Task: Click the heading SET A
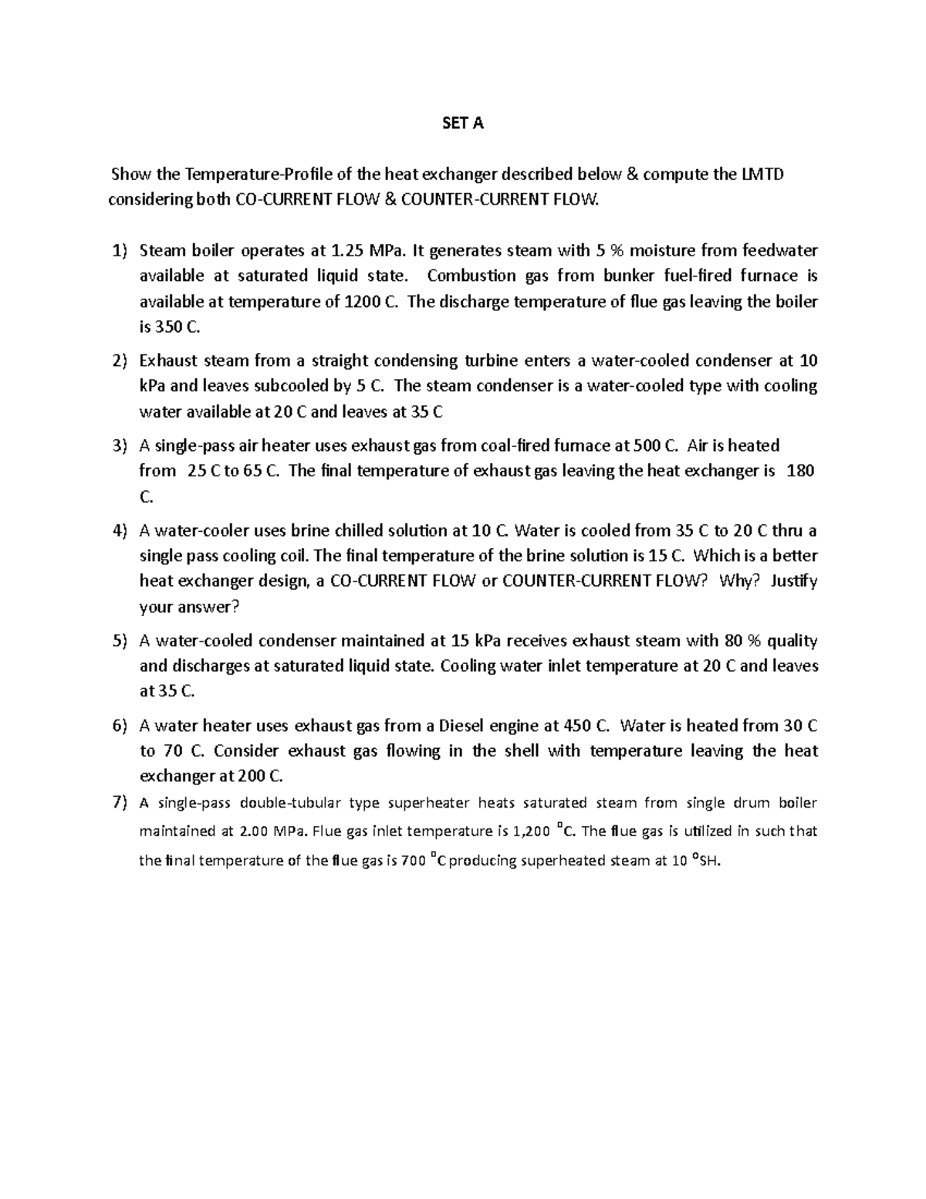click(x=462, y=124)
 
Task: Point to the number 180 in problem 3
click(x=799, y=472)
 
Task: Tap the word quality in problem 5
click(x=793, y=642)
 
